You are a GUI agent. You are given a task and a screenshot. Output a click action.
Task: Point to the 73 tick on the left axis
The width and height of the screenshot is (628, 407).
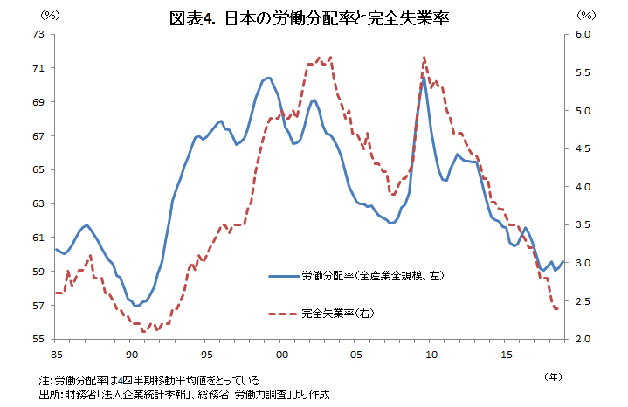[38, 34]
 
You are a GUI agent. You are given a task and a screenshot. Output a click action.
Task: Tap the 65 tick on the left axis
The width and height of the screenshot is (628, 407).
[38, 169]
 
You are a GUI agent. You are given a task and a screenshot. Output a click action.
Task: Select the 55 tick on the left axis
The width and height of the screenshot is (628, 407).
[38, 339]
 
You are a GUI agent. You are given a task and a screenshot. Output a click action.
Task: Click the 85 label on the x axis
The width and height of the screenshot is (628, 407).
[56, 355]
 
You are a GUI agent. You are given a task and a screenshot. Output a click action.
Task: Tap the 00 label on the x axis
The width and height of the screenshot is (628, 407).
[281, 355]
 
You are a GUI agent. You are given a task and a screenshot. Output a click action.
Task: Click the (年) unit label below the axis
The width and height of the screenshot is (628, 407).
[553, 376]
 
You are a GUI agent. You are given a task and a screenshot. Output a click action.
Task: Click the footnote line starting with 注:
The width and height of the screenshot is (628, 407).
[149, 381]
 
